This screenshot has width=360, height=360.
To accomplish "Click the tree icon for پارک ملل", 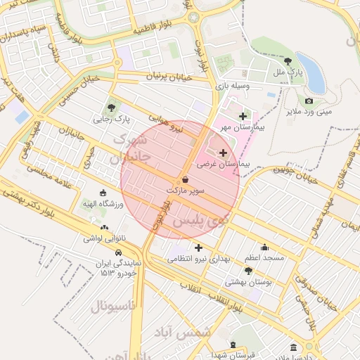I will coord(287,61).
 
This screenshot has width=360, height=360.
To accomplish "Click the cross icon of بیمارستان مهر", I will coord(243,116).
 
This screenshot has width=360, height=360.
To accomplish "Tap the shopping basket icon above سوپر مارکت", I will coord(185,179).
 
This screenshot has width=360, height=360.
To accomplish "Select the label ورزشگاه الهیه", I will coord(103,204).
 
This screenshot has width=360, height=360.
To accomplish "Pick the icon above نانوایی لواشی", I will coord(104,227).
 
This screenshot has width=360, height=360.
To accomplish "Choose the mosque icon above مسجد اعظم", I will coord(264,247).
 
